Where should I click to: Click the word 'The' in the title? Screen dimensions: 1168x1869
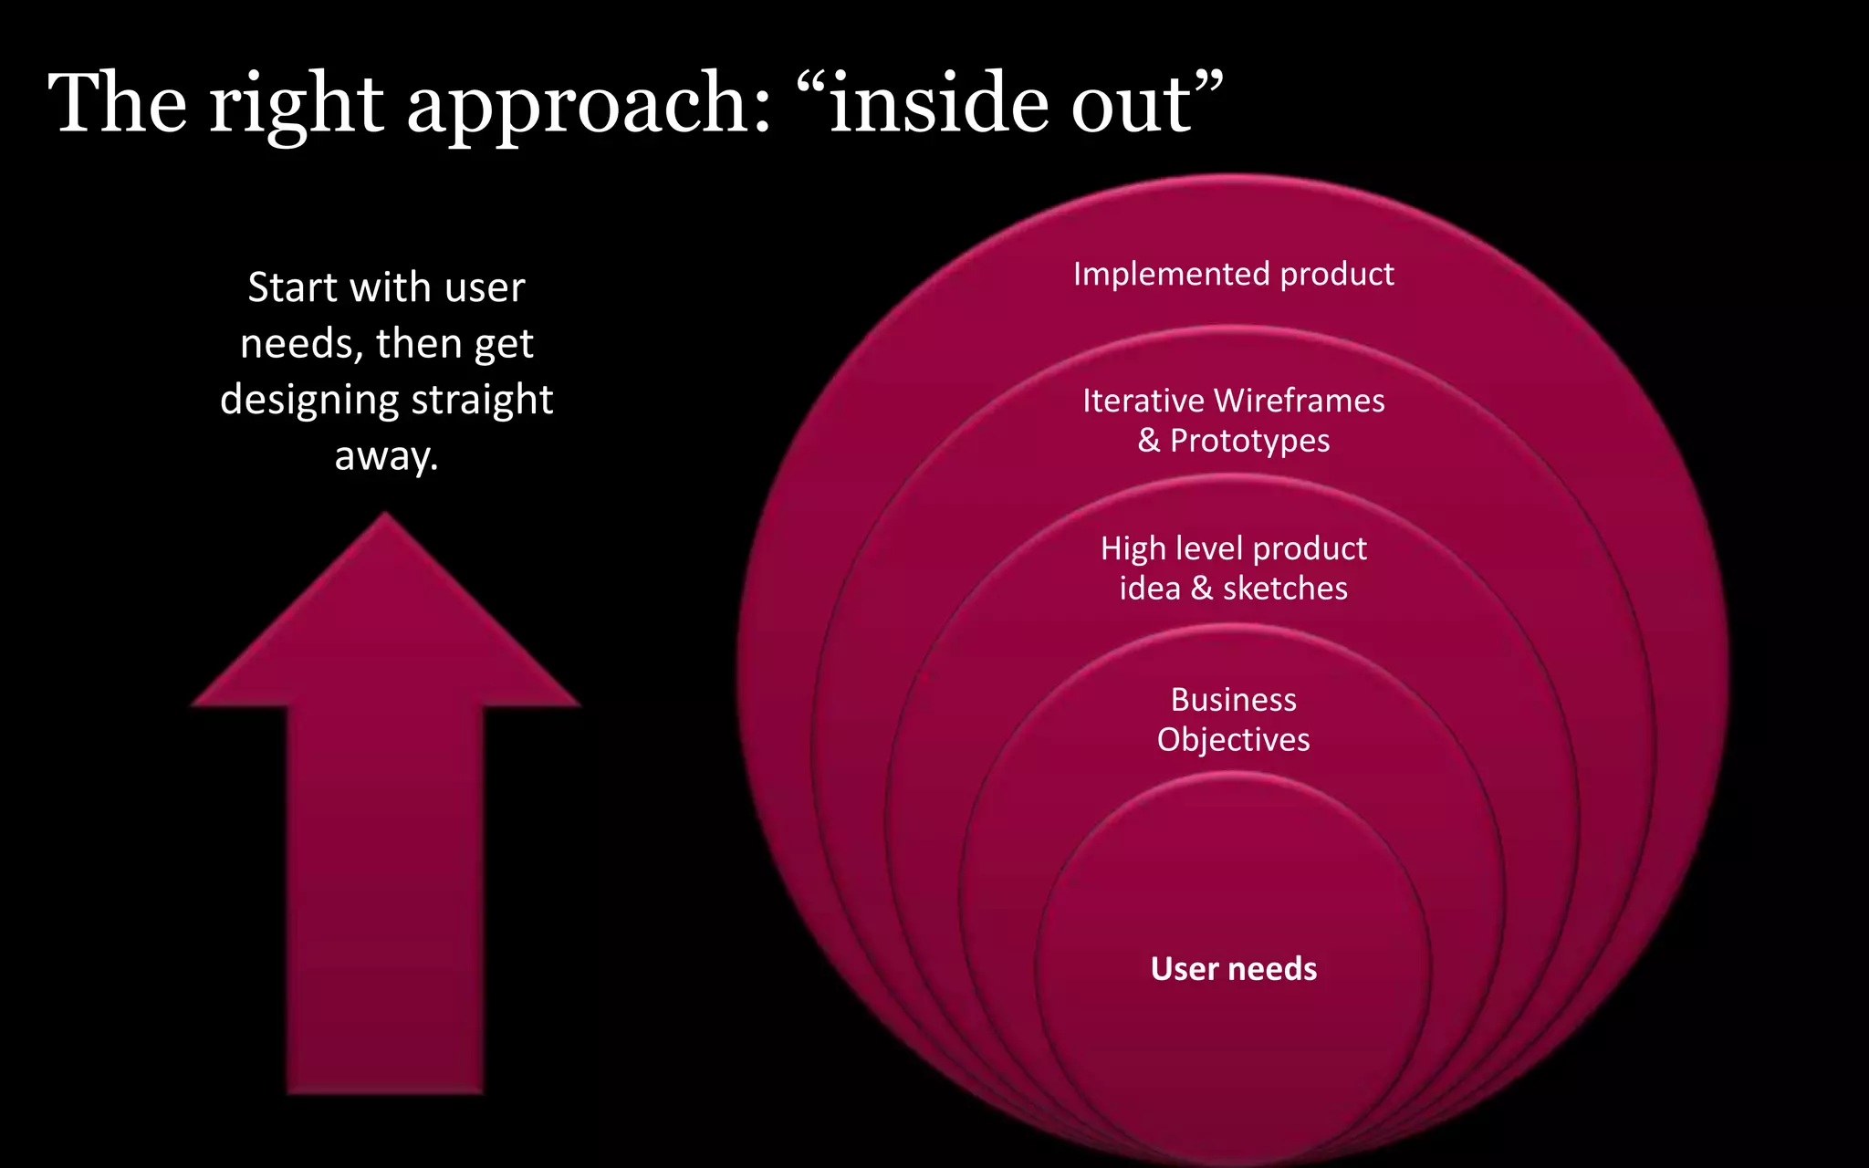pos(118,103)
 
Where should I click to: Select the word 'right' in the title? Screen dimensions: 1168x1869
pos(296,105)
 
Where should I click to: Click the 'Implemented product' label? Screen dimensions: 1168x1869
pos(1233,274)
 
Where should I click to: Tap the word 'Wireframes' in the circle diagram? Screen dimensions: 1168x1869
pos(1299,401)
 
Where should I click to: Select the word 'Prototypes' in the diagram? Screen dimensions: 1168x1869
pos(1249,441)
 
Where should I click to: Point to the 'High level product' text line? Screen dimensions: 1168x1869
pos(1233,548)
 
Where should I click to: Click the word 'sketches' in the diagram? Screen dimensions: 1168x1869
pos(1285,589)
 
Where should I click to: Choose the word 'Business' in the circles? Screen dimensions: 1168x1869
pos(1233,700)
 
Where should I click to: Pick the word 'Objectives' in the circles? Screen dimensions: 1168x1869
pos(1233,739)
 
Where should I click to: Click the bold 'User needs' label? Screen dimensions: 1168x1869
pos(1233,968)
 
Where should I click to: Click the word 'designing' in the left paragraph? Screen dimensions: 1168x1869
pos(309,401)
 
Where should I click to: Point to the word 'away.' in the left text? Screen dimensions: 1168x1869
pos(386,455)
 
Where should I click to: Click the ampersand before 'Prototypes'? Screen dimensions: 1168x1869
pos(1148,441)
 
